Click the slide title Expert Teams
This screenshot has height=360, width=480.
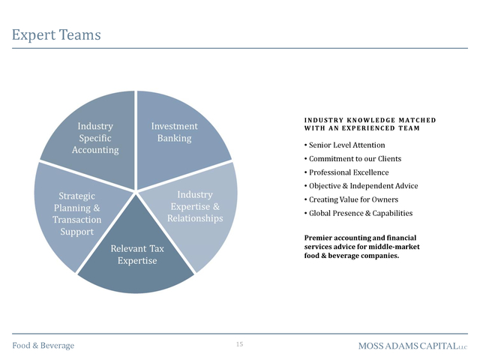pos(56,35)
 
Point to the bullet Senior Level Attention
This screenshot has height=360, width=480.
pos(345,145)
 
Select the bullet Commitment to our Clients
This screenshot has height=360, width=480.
pos(352,159)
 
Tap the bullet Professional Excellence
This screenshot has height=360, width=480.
pos(346,172)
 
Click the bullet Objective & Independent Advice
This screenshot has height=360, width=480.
pos(361,186)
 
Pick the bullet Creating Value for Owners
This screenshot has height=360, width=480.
pos(351,199)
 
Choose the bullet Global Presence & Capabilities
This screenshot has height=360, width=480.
pos(358,213)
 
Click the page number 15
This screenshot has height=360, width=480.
pos(240,344)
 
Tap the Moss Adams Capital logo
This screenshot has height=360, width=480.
pos(413,346)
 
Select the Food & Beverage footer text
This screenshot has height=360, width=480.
pos(43,346)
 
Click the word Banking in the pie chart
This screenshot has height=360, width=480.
pos(175,138)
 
